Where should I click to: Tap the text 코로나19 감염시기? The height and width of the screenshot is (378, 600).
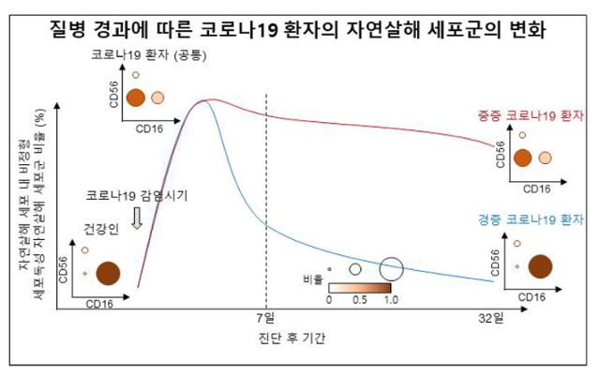(x=137, y=196)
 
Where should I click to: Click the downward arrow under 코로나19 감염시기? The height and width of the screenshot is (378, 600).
(x=138, y=218)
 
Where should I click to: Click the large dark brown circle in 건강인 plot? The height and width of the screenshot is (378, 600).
(x=108, y=273)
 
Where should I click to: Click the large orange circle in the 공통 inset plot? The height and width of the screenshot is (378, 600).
(x=136, y=98)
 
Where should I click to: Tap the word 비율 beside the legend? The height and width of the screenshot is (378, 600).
(x=314, y=280)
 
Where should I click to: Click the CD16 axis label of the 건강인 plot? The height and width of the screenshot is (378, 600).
(x=101, y=304)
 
